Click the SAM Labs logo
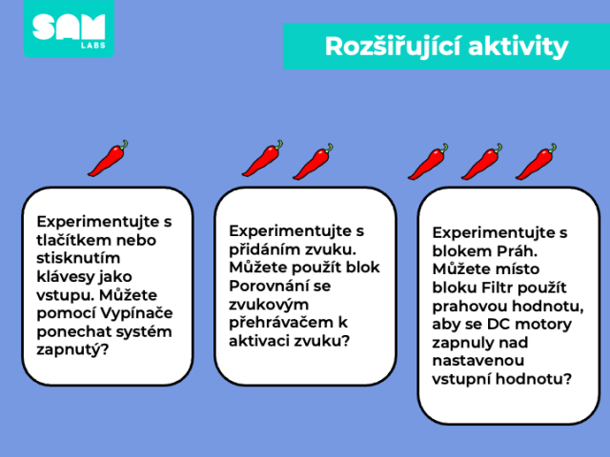[x=69, y=29]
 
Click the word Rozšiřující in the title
[x=393, y=47]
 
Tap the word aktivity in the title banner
[x=518, y=47]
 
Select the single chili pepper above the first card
[x=108, y=158]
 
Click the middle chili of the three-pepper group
[x=481, y=161]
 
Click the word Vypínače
[x=137, y=313]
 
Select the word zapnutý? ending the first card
[x=72, y=350]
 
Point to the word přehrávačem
[x=283, y=323]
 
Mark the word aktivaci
[x=258, y=341]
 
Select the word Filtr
[x=497, y=288]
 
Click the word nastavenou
[x=478, y=361]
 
